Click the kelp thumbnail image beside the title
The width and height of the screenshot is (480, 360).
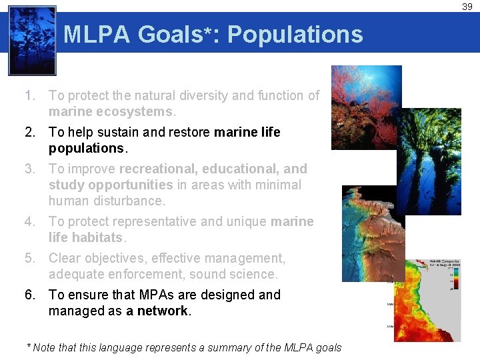point(32,41)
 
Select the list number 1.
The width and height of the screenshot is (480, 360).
point(29,96)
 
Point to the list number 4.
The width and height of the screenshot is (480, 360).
point(29,221)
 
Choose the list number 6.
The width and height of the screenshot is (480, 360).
point(29,295)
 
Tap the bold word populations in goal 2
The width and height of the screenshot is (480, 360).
point(86,148)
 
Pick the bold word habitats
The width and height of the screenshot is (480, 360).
point(96,237)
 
